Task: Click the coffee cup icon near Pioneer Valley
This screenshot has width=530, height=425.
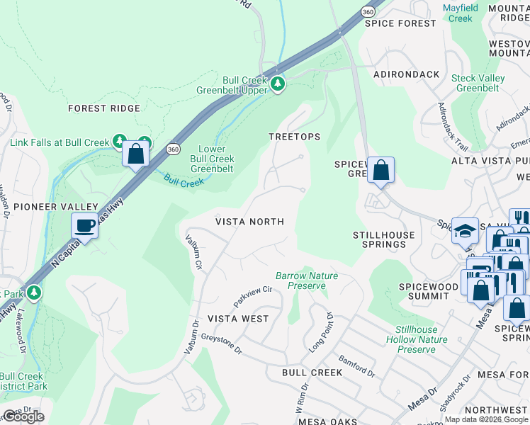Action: click(84, 226)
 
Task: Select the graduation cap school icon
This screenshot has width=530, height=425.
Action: click(465, 231)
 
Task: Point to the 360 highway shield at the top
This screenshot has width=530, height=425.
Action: click(346, 12)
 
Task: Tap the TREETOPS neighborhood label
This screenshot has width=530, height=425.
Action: click(294, 136)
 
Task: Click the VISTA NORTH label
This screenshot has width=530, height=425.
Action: click(249, 222)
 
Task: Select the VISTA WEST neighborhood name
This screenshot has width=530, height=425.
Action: click(238, 319)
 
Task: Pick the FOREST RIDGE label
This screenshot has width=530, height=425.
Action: click(103, 108)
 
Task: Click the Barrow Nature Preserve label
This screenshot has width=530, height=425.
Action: click(307, 280)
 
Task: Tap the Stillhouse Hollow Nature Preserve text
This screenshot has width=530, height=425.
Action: click(422, 339)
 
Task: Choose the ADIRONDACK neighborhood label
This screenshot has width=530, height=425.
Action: click(402, 74)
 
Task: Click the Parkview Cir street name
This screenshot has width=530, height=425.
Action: click(252, 293)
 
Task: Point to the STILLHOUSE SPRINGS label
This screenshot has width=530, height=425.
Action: click(379, 239)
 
